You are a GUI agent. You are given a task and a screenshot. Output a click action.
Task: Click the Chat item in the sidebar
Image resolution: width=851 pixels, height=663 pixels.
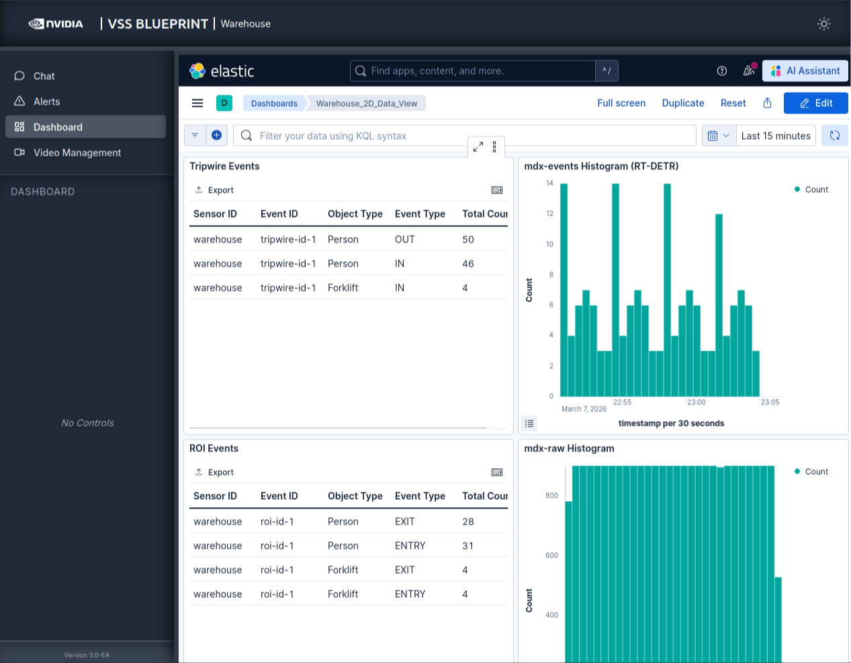pos(44,76)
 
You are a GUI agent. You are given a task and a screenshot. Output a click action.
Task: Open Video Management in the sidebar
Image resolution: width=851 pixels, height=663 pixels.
pos(77,152)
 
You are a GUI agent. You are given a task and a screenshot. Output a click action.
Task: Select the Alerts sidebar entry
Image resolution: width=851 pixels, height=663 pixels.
pos(46,101)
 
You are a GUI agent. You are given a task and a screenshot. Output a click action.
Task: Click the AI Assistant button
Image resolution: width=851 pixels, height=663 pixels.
pos(805,71)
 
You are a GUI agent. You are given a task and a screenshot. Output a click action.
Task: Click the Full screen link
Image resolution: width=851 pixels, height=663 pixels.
pos(621,103)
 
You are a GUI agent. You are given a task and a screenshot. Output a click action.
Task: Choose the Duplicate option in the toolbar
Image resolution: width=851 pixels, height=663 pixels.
pos(682,103)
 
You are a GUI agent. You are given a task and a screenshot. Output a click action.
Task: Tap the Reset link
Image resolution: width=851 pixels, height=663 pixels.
pos(733,103)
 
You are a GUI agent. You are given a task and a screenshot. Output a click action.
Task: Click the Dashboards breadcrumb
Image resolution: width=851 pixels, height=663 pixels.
pos(274,103)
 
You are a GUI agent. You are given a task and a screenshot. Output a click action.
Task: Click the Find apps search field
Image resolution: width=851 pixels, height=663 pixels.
pos(473,71)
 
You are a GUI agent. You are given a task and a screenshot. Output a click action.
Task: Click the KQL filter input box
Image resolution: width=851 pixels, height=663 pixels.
pos(463,136)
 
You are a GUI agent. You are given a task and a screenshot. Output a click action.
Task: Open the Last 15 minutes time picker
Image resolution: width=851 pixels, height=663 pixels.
pos(775,136)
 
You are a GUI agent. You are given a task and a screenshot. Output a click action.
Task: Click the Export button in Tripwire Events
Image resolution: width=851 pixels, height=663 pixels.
pos(214,190)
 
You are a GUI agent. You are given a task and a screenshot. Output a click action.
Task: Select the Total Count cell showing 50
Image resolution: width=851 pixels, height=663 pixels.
pos(468,239)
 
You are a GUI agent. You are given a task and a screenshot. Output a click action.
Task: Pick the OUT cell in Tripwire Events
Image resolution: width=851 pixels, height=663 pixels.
pos(404,239)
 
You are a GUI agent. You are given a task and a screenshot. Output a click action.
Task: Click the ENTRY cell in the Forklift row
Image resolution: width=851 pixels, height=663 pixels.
pos(410,594)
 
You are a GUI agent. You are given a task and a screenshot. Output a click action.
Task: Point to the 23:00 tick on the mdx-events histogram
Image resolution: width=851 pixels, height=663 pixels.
pos(696,402)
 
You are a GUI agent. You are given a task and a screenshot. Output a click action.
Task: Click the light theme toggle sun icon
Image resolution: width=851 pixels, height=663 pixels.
pos(823,24)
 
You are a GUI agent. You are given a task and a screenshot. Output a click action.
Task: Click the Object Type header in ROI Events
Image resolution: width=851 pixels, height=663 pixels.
pos(355,496)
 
